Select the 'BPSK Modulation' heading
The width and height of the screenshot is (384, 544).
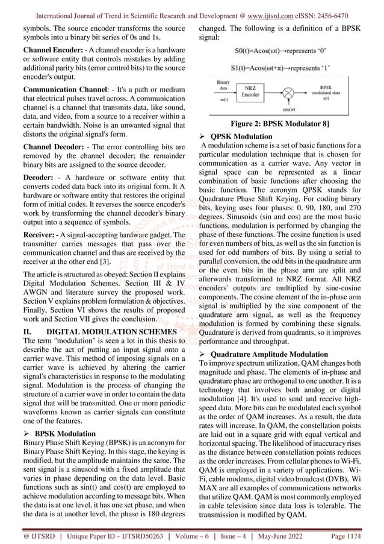[64, 433]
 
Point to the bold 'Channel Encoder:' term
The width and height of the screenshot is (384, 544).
[44, 47]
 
